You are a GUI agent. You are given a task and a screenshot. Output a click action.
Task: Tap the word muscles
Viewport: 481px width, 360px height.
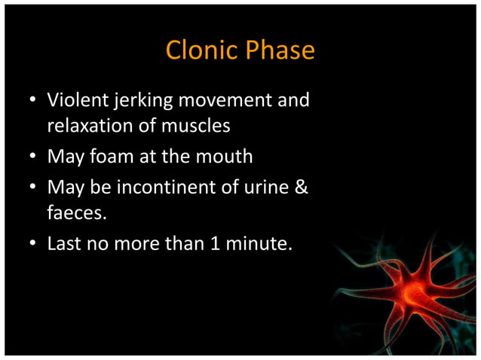[198, 126]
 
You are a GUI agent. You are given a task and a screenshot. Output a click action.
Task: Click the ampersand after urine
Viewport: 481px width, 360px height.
[301, 187]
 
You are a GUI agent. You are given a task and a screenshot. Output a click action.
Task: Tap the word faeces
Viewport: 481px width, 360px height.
[77, 212]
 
